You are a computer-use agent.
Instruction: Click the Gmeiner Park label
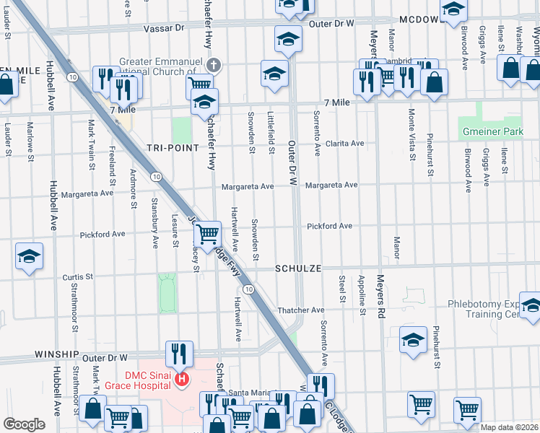(x=494, y=132)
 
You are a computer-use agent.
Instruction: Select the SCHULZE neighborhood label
(x=297, y=268)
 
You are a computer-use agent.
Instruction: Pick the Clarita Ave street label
(x=344, y=143)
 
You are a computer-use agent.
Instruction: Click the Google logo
(x=24, y=424)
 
